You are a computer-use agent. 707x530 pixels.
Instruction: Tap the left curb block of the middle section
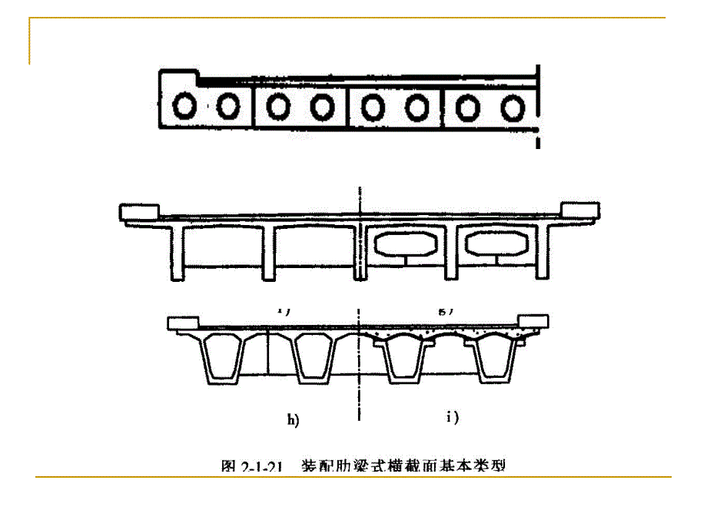[139, 210]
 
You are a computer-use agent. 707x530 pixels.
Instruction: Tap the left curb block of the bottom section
[184, 323]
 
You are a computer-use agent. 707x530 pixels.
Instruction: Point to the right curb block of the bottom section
[534, 322]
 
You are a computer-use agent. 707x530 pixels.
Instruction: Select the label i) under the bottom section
[453, 418]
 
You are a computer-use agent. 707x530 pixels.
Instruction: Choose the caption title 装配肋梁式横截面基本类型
[403, 465]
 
